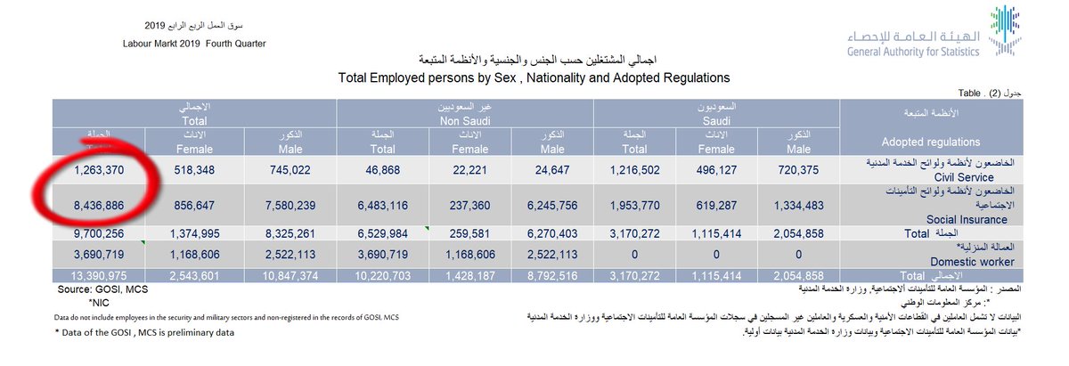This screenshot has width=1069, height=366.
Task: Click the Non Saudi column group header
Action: click(464, 119)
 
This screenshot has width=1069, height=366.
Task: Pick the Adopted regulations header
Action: click(929, 142)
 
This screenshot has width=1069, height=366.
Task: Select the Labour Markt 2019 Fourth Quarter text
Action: click(195, 43)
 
